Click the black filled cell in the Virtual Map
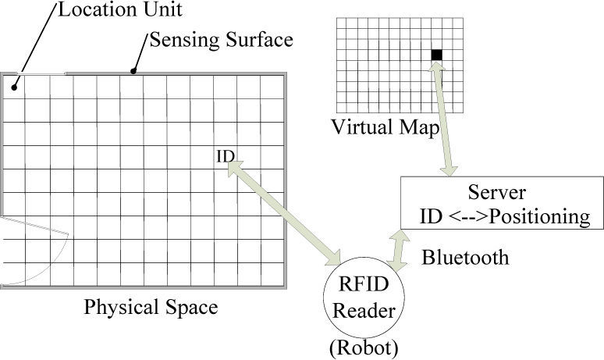tap(436, 54)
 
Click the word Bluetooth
tap(464, 256)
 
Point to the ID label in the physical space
tap(225, 157)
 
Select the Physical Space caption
tap(151, 307)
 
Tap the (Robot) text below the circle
tap(360, 347)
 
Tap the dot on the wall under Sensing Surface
tap(133, 73)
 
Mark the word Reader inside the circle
tap(360, 311)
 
